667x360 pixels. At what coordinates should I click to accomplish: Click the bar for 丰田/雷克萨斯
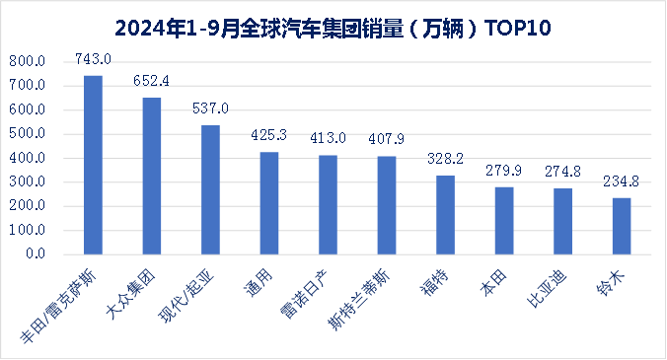(x=93, y=165)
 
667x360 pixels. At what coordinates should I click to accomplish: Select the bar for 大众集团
(x=152, y=176)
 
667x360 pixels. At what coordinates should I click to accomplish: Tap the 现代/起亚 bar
(x=210, y=189)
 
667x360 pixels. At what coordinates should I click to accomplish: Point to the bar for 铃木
(x=622, y=226)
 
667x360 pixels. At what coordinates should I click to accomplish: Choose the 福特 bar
(x=445, y=215)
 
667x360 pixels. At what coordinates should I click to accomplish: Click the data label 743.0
(x=93, y=61)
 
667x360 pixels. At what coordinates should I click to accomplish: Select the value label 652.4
(x=152, y=83)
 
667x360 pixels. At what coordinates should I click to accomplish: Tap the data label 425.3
(x=269, y=137)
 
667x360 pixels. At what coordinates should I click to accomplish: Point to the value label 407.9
(x=387, y=141)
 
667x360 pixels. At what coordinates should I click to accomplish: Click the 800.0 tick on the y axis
(x=27, y=61)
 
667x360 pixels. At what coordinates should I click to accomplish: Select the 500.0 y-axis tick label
(x=27, y=134)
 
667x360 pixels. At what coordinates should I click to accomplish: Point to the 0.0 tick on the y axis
(x=35, y=254)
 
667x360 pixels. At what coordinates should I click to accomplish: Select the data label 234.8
(x=622, y=182)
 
